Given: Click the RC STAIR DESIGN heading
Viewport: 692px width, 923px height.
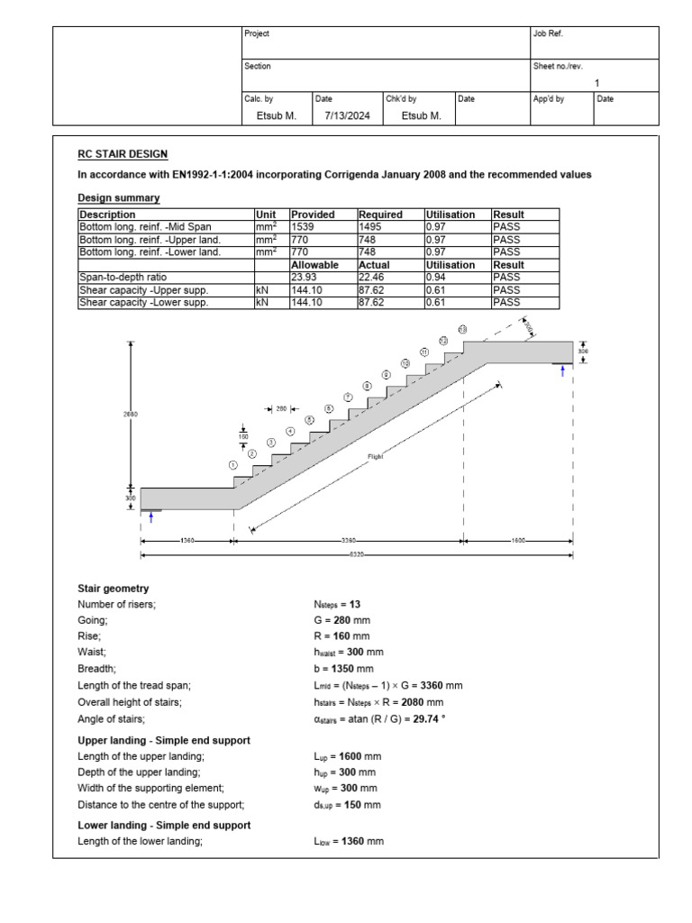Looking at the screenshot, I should click(123, 155).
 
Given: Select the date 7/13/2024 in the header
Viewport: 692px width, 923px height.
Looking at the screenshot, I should click(341, 115).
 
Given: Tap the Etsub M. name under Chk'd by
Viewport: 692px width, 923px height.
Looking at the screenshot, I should click(421, 115).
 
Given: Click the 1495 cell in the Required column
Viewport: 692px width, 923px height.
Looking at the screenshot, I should click(372, 228).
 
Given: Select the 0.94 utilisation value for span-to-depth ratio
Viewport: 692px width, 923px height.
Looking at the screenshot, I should click(436, 279).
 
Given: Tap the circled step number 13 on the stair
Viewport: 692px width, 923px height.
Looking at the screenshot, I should click(462, 330).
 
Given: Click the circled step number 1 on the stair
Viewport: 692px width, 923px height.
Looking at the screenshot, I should click(234, 464).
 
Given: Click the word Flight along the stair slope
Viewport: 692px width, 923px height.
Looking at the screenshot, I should click(376, 457).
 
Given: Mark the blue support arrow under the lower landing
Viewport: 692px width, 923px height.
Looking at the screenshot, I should click(150, 517).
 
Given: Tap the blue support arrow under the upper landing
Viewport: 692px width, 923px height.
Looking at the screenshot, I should click(563, 371).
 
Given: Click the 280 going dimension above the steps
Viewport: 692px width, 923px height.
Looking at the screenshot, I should click(281, 408).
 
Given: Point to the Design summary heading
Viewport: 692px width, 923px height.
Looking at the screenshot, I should click(119, 197).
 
